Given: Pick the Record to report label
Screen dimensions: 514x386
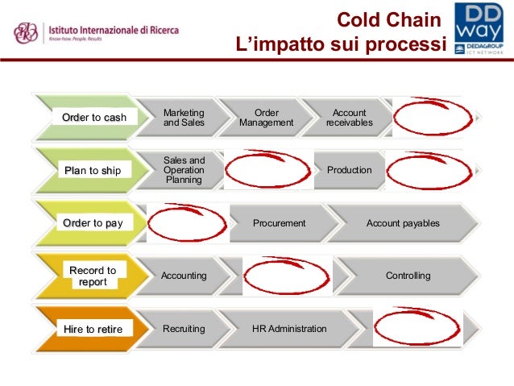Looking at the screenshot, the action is (93, 276).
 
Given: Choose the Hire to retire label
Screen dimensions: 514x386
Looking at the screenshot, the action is (93, 329).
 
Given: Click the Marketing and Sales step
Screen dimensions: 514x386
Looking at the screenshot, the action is (184, 118).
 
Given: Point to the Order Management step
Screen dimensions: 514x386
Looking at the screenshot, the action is (266, 118).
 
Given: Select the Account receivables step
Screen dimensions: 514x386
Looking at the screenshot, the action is (349, 118).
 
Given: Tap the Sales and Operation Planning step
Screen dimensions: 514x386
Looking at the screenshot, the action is (184, 170).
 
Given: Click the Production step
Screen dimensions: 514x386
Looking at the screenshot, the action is (349, 170).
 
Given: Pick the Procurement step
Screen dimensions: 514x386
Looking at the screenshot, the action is (280, 223).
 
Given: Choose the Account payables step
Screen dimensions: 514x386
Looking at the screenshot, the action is (403, 223).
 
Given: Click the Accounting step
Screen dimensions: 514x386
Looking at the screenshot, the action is (184, 276).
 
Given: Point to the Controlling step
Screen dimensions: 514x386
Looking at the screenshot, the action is (408, 276).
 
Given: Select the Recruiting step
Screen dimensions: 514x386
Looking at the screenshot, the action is (184, 329).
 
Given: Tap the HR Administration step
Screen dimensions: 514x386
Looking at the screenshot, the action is (289, 329).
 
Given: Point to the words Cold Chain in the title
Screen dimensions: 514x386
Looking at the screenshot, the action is (389, 19).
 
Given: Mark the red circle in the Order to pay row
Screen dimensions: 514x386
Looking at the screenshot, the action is (188, 222).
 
